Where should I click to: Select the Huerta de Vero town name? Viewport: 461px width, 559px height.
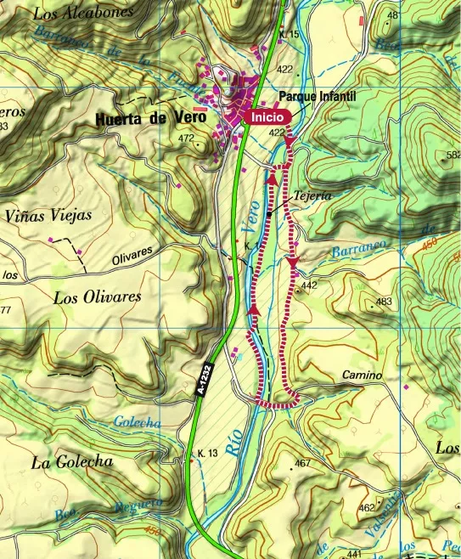coord(152,119)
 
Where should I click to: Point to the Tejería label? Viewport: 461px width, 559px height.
coord(312,195)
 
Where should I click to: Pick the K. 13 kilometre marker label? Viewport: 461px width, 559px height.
coord(208,453)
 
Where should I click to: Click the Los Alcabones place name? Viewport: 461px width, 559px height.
coord(83,13)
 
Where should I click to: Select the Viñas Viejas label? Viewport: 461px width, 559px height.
coord(48,216)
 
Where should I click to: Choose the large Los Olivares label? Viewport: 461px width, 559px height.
coord(97,297)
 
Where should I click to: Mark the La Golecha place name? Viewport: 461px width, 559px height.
coord(72,462)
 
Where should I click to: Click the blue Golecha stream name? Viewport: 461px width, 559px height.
coord(137,423)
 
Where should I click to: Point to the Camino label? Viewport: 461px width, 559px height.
coord(363,375)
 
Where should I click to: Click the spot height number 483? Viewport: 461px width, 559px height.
coord(384,302)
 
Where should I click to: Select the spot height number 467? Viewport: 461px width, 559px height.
coord(304,463)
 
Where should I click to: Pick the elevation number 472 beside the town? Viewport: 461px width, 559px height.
coord(187,138)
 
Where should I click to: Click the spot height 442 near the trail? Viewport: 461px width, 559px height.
coord(308,285)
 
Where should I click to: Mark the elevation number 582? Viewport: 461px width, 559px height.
coord(453,155)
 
